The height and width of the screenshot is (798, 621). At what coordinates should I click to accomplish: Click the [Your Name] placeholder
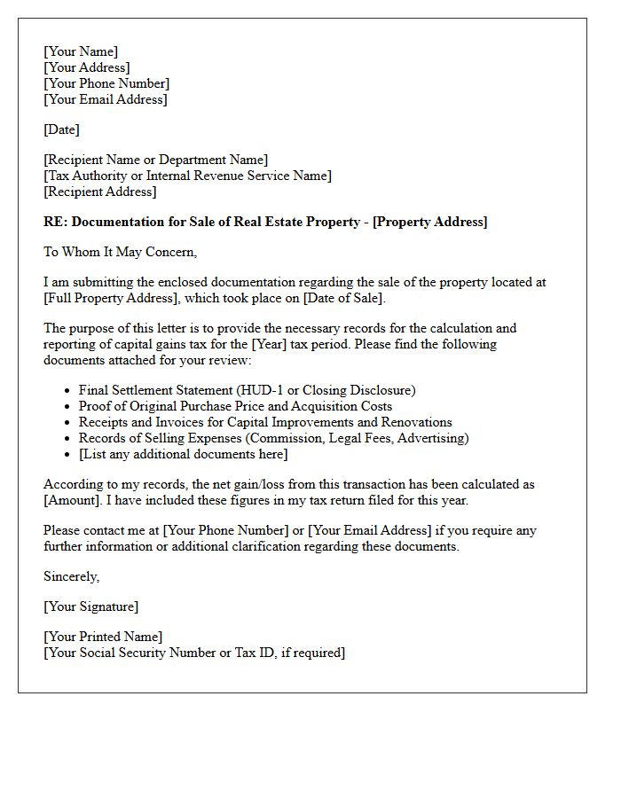point(81,51)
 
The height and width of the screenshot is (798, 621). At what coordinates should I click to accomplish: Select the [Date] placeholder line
point(61,129)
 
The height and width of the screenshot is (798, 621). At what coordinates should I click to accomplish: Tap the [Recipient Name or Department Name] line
point(155,160)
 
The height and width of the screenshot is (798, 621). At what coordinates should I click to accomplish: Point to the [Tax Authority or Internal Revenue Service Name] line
point(187,176)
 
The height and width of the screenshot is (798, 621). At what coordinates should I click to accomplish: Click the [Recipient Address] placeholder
point(99,192)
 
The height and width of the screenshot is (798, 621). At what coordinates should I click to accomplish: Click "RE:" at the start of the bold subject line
point(55,222)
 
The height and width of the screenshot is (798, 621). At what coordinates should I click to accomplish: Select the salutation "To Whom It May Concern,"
point(120,252)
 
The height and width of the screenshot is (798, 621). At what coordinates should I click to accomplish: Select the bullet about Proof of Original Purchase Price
point(235,406)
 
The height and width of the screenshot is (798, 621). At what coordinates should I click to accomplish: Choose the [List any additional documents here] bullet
point(183,454)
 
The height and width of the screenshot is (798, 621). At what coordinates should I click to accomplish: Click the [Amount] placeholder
point(74,500)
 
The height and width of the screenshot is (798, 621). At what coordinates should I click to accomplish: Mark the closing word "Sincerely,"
point(72,576)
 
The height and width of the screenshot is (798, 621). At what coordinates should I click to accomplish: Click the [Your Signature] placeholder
point(90,606)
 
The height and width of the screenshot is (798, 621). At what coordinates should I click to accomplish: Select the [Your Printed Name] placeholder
point(103,637)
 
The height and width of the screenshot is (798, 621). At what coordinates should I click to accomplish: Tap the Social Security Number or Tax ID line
point(194,653)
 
